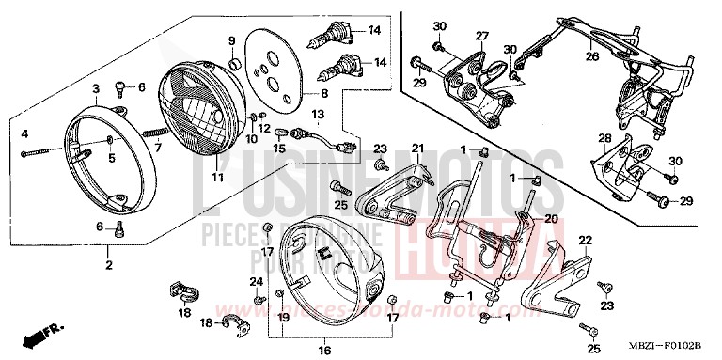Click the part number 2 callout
(109, 264)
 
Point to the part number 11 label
(216, 177)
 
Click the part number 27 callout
(481, 36)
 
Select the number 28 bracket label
(604, 139)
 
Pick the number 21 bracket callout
(417, 149)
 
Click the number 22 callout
(584, 241)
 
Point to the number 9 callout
(231, 41)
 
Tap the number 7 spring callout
(158, 148)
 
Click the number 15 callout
(279, 149)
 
